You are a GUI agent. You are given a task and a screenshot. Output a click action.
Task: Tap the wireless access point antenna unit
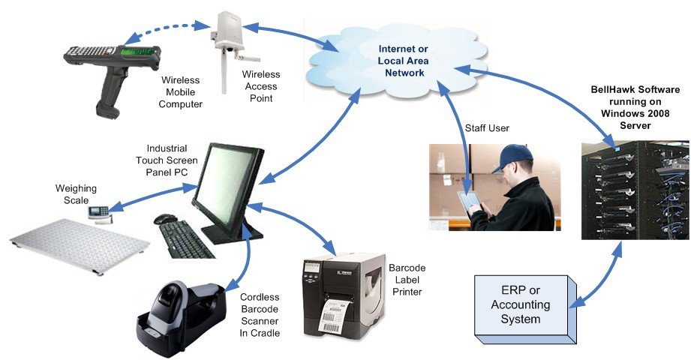click(x=230, y=41)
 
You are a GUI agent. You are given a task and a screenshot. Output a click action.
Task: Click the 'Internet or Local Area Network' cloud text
click(x=401, y=61)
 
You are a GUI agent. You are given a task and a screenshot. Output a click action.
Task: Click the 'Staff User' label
click(x=487, y=128)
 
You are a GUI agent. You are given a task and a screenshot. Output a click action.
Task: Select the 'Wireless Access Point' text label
click(x=261, y=85)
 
